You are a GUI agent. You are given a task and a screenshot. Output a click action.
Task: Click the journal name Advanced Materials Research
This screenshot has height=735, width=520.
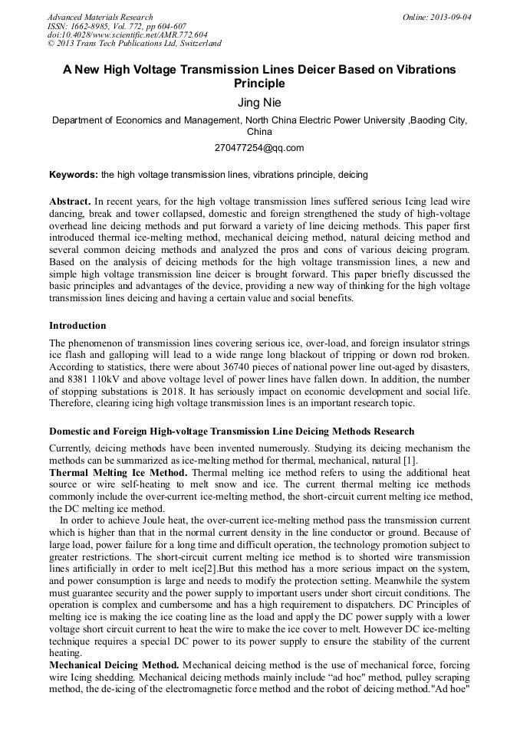[100, 17]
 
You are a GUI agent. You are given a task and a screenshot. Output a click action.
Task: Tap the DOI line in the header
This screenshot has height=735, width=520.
[127, 35]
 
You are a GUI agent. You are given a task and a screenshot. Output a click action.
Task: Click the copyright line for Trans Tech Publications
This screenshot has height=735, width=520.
[134, 44]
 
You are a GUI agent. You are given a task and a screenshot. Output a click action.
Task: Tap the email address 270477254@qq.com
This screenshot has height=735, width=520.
[259, 148]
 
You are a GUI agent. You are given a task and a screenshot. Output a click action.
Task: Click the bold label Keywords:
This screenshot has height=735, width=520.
[74, 175]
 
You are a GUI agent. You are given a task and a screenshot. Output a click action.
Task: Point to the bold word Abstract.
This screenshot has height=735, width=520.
[70, 200]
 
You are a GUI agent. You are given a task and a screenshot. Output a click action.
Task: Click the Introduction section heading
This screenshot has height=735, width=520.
[77, 325]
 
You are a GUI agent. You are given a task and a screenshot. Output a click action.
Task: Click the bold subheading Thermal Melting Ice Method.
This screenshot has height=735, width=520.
[114, 472]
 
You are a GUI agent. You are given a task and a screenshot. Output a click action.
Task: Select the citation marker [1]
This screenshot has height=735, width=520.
[410, 459]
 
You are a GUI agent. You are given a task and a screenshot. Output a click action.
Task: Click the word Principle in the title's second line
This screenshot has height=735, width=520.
[259, 84]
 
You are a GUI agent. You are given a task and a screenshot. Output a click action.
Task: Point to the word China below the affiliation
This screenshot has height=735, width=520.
[259, 131]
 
